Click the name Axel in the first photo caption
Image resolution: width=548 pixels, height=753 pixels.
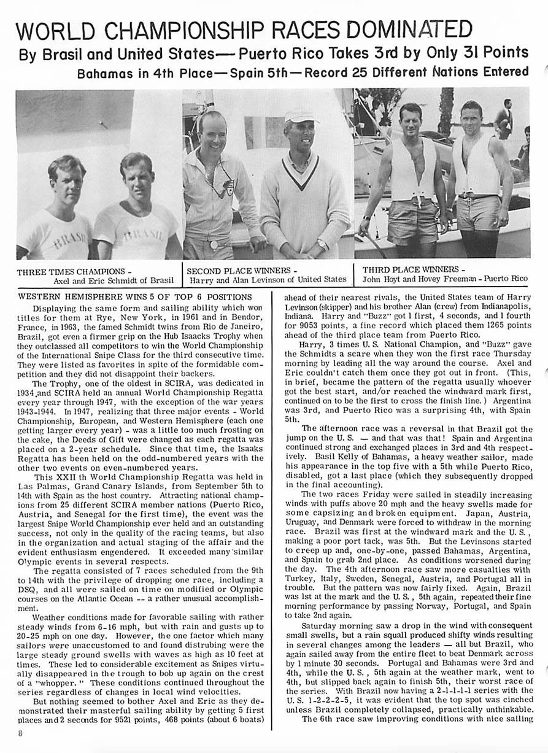point(64,280)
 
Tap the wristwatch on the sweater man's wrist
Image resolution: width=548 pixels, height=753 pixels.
point(322,244)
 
